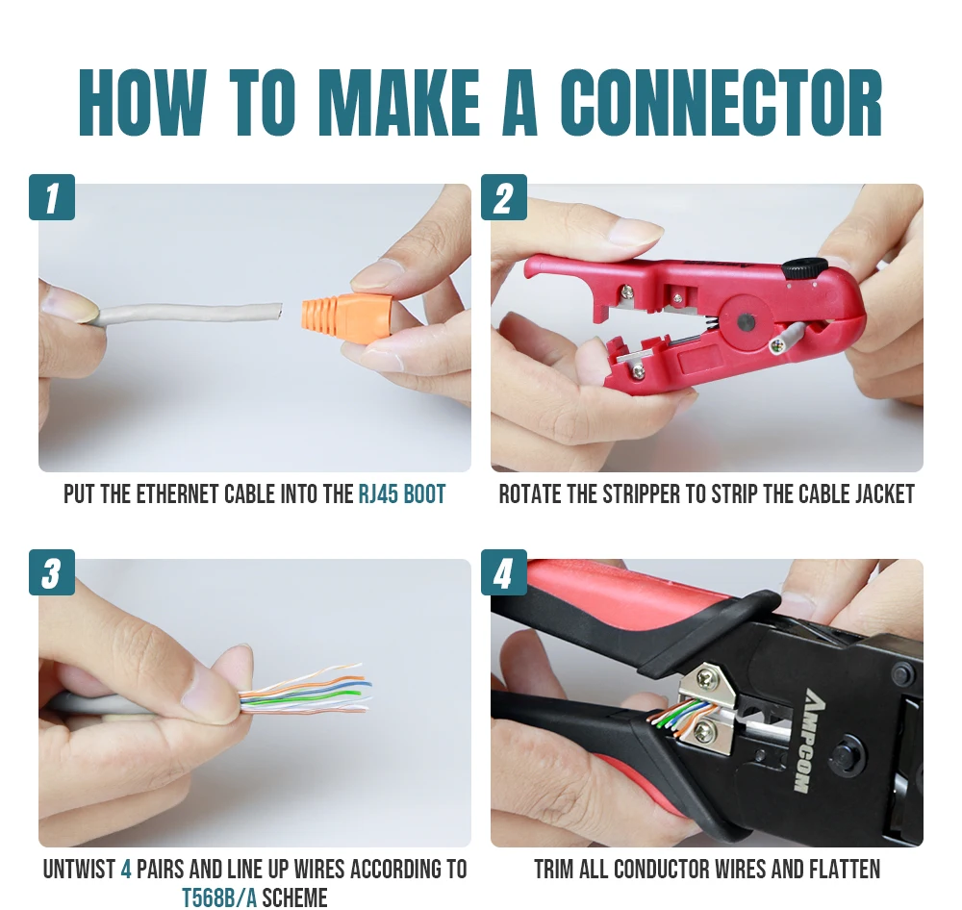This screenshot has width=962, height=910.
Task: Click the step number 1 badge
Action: pos(52,197)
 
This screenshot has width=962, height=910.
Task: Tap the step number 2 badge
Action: pos(504,197)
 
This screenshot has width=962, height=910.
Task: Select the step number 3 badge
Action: pos(52,572)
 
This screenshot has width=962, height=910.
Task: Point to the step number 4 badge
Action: pos(504,572)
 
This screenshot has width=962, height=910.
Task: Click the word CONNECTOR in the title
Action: pos(721,103)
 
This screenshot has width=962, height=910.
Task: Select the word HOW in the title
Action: pos(142,103)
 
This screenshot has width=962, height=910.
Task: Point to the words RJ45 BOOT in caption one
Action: pos(402,494)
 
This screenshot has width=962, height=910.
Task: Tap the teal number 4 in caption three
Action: pos(126,869)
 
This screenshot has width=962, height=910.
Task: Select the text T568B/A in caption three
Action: pos(219,897)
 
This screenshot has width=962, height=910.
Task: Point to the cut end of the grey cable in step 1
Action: pos(280,312)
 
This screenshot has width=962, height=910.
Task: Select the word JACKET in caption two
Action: pos(887,494)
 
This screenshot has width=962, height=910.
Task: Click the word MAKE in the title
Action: pos(399,103)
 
